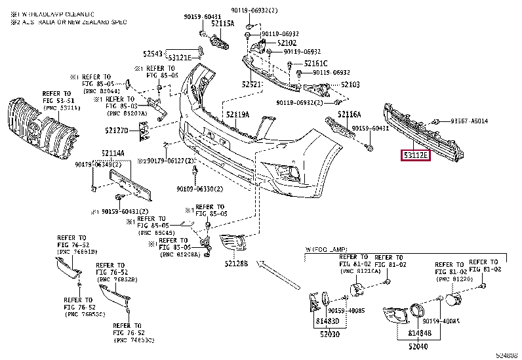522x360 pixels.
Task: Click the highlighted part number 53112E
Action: (415, 155)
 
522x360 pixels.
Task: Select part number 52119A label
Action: (238, 114)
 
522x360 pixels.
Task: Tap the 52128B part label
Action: (234, 264)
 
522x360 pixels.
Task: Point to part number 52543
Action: (153, 53)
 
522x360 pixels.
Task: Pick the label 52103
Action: (350, 85)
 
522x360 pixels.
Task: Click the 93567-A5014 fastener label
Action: (469, 122)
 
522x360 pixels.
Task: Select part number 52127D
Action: (117, 130)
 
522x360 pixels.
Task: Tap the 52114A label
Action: (112, 154)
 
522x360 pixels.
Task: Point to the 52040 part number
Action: (418, 346)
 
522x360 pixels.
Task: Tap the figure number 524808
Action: (506, 355)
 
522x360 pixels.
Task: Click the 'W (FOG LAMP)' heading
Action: (327, 250)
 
